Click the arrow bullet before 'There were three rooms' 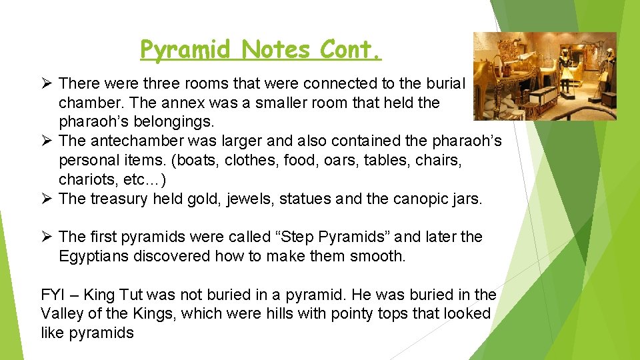[46, 83]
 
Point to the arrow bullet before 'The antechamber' [46, 142]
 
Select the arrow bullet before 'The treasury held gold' [46, 199]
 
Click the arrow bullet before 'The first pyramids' [46, 237]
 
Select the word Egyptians [95, 257]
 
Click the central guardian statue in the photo [567, 73]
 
